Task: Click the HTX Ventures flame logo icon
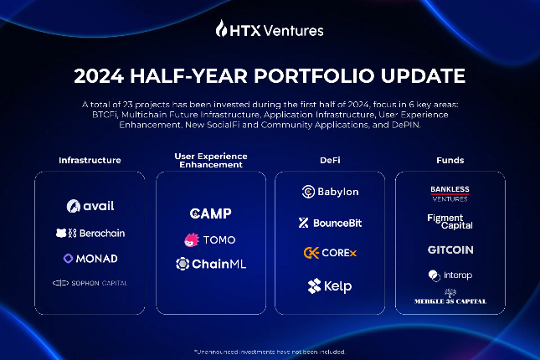click(x=222, y=29)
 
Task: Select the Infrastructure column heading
click(x=90, y=160)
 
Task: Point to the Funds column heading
click(x=450, y=160)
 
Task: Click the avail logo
click(x=90, y=206)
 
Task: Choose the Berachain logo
click(x=90, y=233)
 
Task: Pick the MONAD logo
click(x=90, y=259)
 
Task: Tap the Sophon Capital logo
click(x=90, y=283)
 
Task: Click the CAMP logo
click(x=210, y=214)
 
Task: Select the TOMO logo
click(x=210, y=239)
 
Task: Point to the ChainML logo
click(x=210, y=264)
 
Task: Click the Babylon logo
click(x=330, y=192)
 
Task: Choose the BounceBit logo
click(x=330, y=223)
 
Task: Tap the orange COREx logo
click(x=330, y=252)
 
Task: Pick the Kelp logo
click(x=330, y=286)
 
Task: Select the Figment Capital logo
click(x=450, y=221)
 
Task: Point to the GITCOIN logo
click(x=450, y=249)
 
